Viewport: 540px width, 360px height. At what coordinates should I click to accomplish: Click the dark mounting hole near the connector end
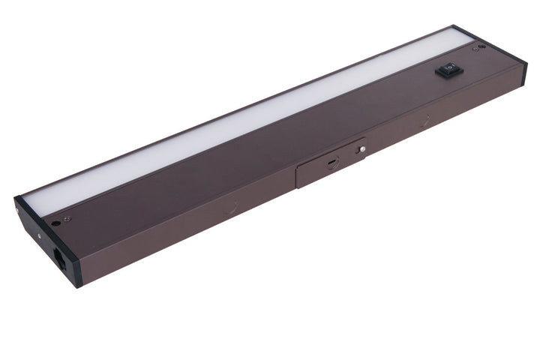[x=57, y=223]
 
